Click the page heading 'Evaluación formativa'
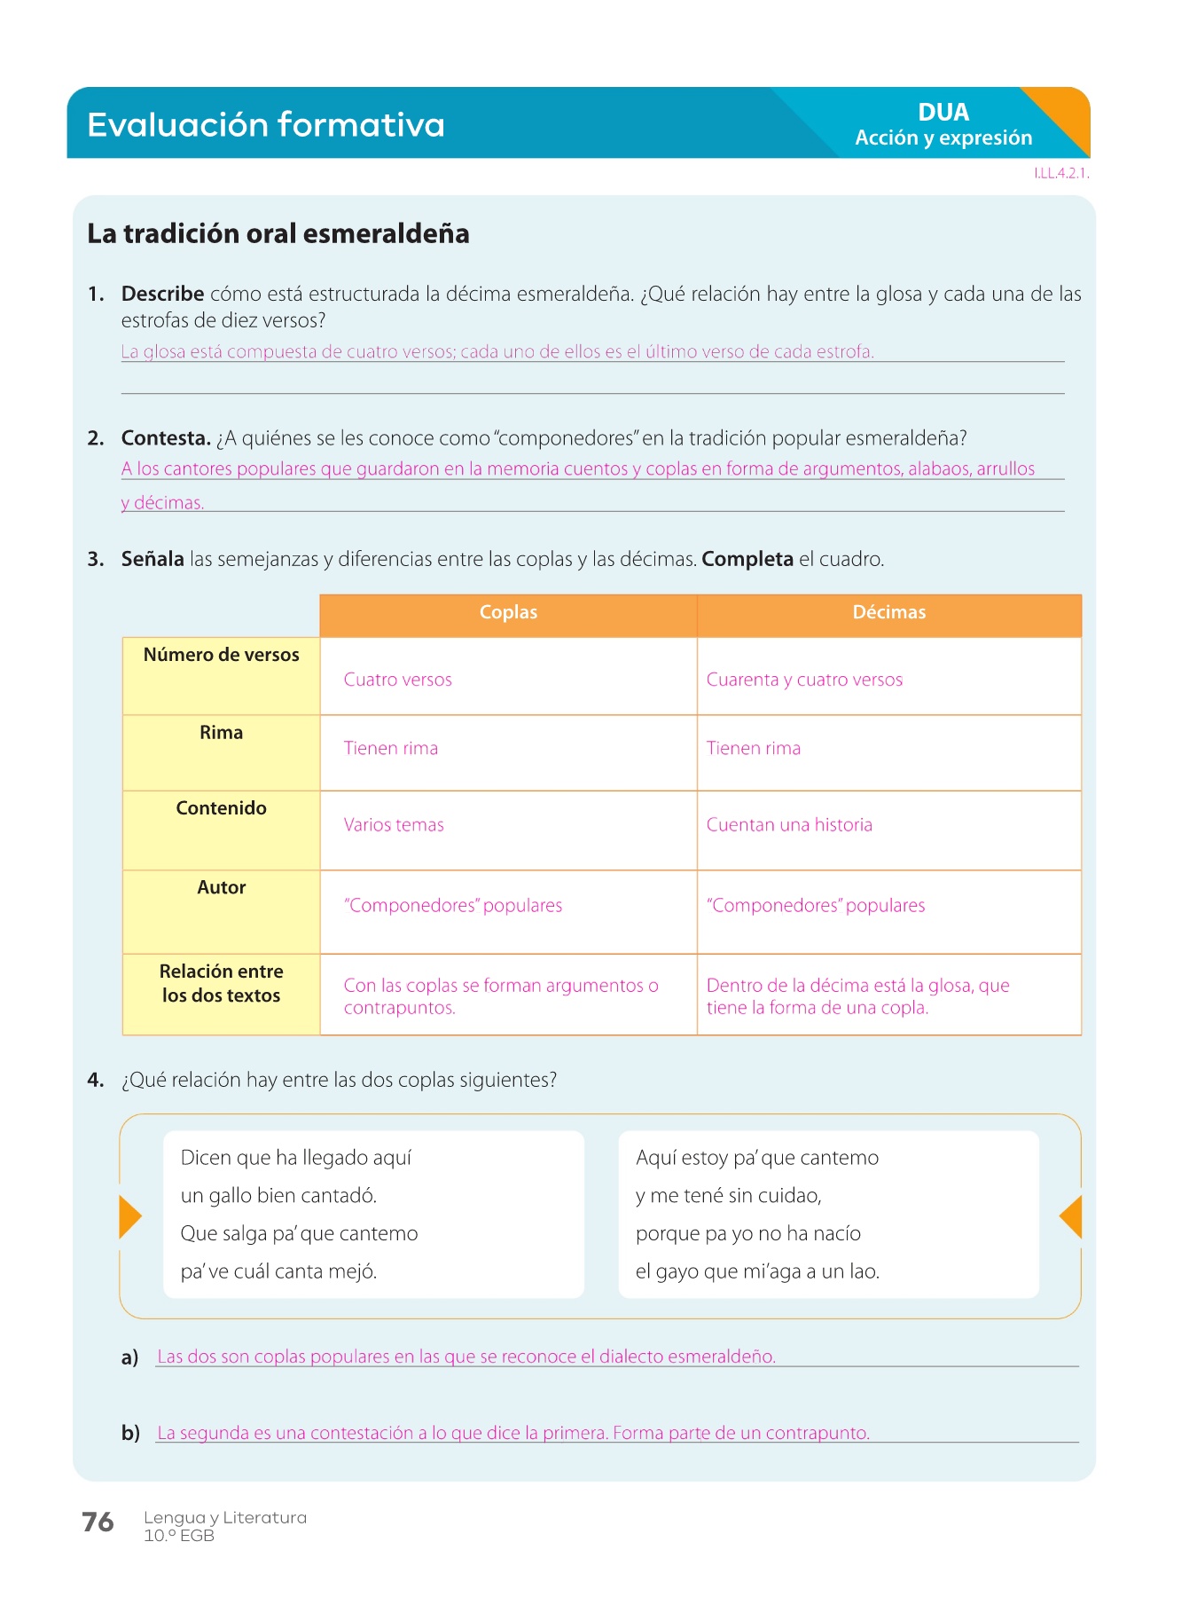[265, 125]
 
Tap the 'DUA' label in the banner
[943, 113]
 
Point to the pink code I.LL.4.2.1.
[1060, 173]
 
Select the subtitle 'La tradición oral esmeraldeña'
[278, 233]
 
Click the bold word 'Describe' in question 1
[162, 294]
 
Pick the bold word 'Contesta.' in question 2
[166, 437]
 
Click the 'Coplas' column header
[508, 612]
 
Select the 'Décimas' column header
[888, 612]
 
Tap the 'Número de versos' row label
[221, 655]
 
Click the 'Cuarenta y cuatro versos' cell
[804, 680]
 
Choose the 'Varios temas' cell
[394, 825]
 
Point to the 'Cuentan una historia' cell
[789, 825]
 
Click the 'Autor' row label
[221, 887]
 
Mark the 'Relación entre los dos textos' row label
[221, 983]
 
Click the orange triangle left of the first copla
[129, 1216]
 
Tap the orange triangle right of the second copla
[1071, 1216]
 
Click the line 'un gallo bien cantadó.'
[278, 1196]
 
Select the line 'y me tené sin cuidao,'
[728, 1196]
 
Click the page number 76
[98, 1522]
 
